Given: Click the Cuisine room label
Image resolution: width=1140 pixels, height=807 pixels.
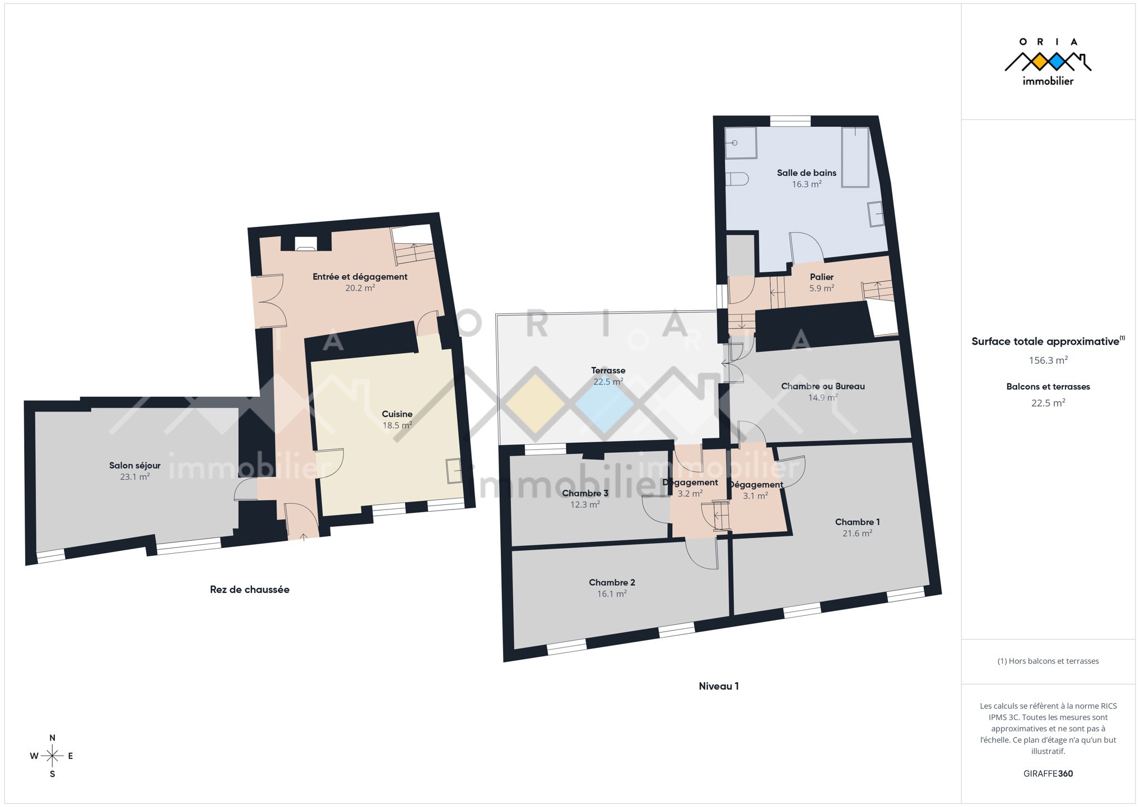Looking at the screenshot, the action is (x=397, y=414).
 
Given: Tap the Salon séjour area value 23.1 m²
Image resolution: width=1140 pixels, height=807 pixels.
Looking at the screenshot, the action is (x=135, y=477).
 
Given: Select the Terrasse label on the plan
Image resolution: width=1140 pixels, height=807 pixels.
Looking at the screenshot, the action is (x=608, y=370).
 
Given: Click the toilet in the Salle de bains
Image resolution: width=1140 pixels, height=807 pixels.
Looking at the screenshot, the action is (x=737, y=179).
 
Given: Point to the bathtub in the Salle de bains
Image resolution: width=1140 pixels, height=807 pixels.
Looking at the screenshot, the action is (x=855, y=157).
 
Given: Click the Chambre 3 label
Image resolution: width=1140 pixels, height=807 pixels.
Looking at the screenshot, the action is (x=585, y=493).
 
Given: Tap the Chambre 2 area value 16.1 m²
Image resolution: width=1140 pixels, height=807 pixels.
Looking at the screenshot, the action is (x=612, y=594).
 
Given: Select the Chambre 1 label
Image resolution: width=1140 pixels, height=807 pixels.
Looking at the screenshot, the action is (x=857, y=522).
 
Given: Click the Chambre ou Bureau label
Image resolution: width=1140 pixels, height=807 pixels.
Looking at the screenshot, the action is (x=823, y=386).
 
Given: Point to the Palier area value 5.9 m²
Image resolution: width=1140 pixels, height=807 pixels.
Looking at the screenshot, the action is (x=822, y=289).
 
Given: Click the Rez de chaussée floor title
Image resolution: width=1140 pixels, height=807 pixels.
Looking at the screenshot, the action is (x=250, y=590).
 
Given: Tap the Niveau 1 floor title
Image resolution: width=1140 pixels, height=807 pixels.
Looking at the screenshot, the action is (x=719, y=686).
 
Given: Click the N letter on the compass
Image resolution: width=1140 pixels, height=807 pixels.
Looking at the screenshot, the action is (x=53, y=738).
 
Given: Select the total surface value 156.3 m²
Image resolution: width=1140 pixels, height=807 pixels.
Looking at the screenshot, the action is (x=1048, y=360).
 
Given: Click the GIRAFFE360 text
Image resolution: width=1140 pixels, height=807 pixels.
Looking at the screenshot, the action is (x=1048, y=774).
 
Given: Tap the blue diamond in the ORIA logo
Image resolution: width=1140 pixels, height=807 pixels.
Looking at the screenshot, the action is (x=1057, y=62).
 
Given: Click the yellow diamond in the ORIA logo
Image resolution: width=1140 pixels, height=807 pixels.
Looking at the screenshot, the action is (x=1039, y=62).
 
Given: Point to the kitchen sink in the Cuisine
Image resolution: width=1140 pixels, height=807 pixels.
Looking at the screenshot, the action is (x=454, y=471).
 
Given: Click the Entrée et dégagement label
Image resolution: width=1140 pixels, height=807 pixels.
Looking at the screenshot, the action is (x=360, y=277).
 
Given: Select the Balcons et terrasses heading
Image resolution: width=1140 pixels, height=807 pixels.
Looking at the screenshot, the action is (x=1048, y=387).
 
